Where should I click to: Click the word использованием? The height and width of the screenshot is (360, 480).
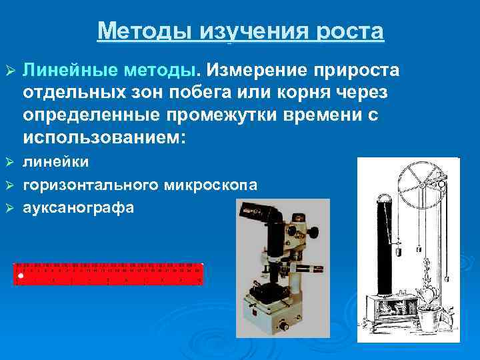click(x=105, y=138)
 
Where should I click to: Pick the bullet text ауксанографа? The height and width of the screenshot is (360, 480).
click(x=79, y=207)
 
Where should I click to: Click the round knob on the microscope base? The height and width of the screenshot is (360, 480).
click(x=283, y=326)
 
